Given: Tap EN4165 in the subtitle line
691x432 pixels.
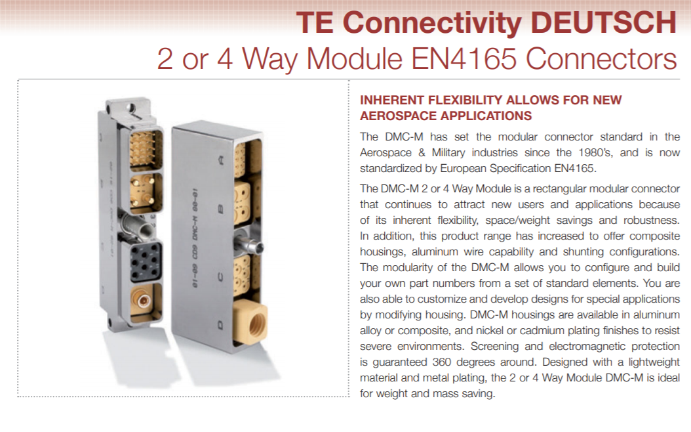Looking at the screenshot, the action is coord(464,58).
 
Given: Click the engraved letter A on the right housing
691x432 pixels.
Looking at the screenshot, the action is coord(221,161).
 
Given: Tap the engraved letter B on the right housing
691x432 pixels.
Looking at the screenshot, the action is coord(221,208).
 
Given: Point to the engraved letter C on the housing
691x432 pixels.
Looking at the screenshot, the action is coord(221,277).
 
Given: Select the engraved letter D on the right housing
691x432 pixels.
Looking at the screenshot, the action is coord(220,326).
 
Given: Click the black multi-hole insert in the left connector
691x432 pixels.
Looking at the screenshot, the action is coord(146,261).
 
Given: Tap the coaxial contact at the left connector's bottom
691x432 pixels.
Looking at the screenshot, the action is coord(143,301).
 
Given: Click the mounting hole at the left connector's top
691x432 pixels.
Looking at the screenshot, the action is coord(129,106).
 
